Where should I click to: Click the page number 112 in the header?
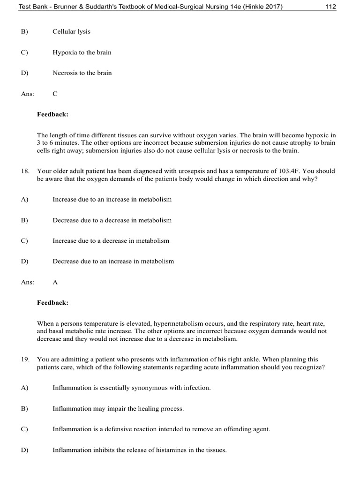tap(330, 7)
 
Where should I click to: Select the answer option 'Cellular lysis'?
tap(71, 32)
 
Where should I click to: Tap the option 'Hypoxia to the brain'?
tap(82, 52)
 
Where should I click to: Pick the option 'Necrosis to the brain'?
tap(82, 73)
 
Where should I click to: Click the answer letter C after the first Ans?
tap(55, 94)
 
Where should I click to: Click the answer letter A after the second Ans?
tap(55, 283)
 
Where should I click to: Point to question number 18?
tap(25, 172)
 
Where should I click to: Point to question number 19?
tap(25, 360)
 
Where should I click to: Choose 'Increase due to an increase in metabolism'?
tap(112, 199)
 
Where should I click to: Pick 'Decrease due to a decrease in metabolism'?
tap(112, 220)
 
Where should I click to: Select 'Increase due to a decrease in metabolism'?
tap(111, 241)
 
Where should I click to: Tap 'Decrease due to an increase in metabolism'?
tap(113, 262)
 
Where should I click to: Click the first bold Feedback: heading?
tap(52, 114)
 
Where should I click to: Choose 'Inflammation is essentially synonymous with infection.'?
tap(132, 388)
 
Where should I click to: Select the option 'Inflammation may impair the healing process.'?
tap(118, 409)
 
